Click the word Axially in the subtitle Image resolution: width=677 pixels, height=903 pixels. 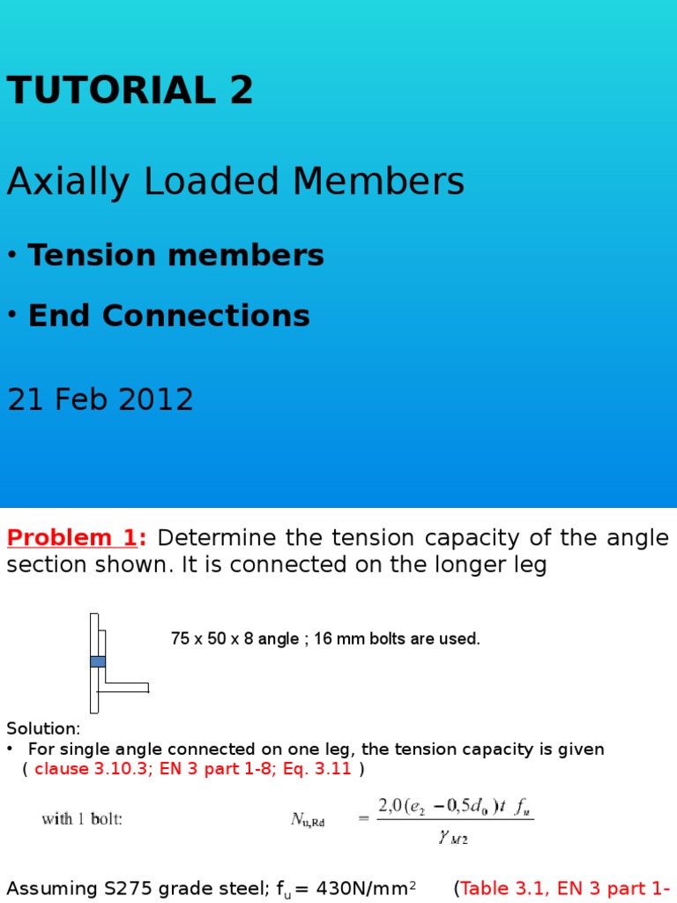[63, 183]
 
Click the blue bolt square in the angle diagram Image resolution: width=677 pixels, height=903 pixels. [97, 660]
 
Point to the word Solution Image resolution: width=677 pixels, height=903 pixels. [43, 728]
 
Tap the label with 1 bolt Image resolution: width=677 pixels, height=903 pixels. [82, 818]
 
